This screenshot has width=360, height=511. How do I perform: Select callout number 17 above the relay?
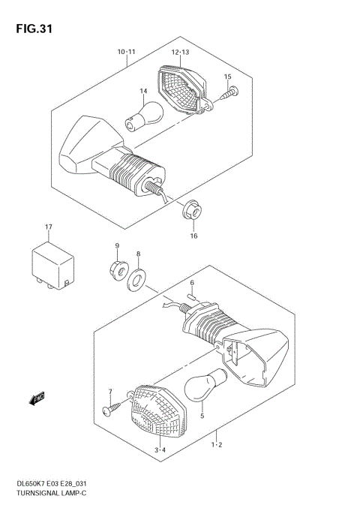tap(48, 226)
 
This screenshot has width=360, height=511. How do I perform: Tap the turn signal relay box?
tap(51, 265)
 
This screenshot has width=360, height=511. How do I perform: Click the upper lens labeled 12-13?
tap(181, 89)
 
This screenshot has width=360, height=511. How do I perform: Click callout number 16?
tap(193, 236)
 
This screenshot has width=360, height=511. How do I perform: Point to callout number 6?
tap(192, 283)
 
